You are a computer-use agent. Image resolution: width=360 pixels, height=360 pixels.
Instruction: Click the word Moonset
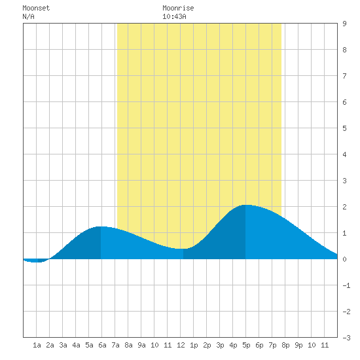point(36,8)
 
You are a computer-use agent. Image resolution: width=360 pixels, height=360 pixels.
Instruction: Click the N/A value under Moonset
point(28,16)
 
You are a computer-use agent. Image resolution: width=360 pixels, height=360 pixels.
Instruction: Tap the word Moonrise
point(178,8)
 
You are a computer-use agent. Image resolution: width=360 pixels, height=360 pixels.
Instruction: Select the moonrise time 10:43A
point(174,16)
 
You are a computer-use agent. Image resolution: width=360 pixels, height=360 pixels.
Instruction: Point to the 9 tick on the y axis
point(344,24)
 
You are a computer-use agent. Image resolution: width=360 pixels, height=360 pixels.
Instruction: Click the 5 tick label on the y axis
point(344,128)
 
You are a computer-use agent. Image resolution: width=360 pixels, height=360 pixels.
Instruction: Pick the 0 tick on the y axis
point(344,259)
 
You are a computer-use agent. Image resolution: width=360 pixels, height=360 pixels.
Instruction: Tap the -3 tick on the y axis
point(346,338)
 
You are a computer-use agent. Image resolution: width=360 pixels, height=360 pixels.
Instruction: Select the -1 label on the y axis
point(346,285)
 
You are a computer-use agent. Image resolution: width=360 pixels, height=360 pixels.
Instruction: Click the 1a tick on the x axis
point(37,345)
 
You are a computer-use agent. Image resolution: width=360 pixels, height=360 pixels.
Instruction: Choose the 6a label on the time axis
point(102,345)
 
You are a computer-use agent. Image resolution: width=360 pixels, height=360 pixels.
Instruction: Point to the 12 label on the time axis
point(181,345)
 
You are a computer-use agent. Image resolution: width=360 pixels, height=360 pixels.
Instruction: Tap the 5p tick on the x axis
point(246,345)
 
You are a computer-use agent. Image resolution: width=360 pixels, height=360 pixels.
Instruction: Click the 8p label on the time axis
point(285,345)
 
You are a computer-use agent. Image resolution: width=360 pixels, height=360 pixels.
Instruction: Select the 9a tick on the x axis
point(141,345)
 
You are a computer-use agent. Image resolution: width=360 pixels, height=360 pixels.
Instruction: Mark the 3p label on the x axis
point(220,345)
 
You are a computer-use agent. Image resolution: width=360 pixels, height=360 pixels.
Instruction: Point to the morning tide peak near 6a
point(101,227)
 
